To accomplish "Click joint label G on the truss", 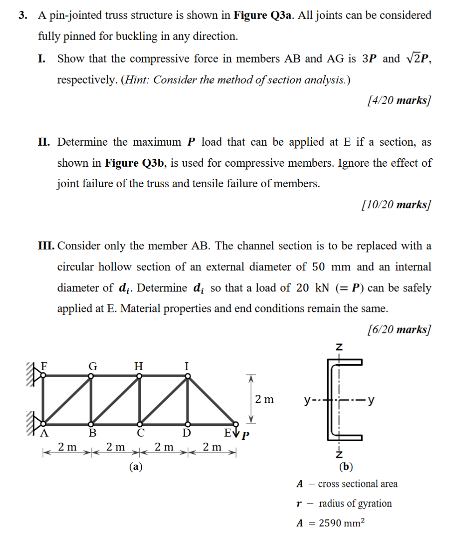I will coord(92,366).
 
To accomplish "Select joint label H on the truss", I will coord(138,366).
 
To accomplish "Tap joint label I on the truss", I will coord(187,366).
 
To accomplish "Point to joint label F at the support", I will coord(45,366).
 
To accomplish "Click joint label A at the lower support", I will coord(45,432).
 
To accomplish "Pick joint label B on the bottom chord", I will coord(92,433).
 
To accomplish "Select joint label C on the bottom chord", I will coord(139,433).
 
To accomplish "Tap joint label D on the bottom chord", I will coord(187,433).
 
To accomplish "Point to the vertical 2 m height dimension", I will coord(264,400).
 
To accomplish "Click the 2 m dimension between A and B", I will coord(68,447).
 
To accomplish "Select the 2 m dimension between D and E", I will coord(213,447).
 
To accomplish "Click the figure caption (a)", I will coord(136,466).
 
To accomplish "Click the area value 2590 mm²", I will coord(341,523).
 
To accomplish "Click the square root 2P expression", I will coord(417,59).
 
